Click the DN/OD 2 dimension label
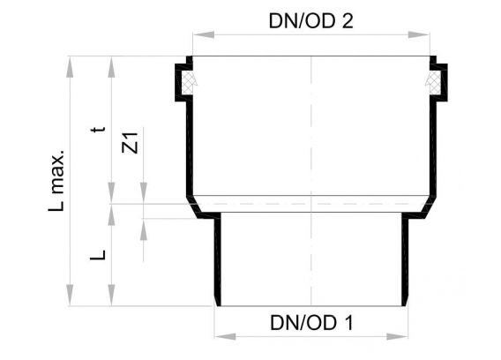pos(310,21)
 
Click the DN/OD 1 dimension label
pos(312,323)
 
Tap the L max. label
pos(56,180)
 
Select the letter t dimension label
pos(98,129)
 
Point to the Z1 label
pos(131,143)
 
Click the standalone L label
pos(97,254)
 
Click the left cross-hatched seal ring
pos(188,82)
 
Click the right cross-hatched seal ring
pos(434,82)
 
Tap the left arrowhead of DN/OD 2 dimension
pos(203,34)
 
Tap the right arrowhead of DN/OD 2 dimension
pos(419,34)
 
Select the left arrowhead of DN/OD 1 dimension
pos(225,336)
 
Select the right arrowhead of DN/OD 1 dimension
pos(397,336)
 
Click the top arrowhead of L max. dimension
pos(70,66)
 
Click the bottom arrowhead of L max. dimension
pos(70,296)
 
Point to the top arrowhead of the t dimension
pos(111,66)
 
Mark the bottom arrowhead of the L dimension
pos(111,296)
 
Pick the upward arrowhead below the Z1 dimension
pos(144,229)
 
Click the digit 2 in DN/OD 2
pos(348,21)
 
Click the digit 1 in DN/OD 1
pos(349,323)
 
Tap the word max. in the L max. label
pos(56,172)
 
